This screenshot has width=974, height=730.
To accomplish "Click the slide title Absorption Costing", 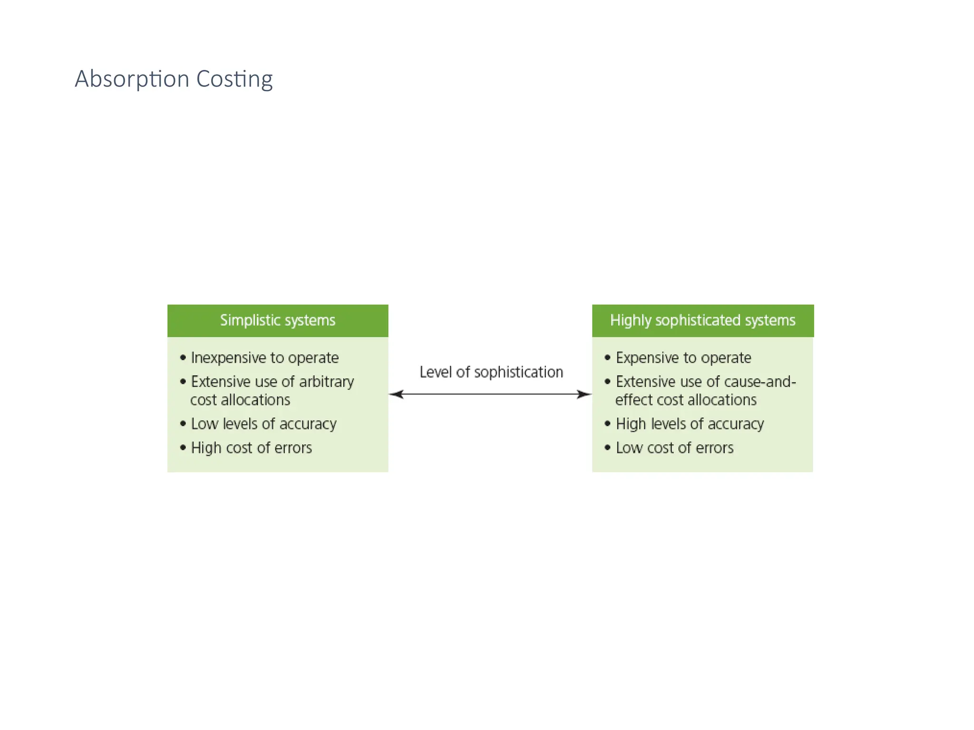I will [174, 79].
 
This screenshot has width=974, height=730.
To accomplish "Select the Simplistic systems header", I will [278, 320].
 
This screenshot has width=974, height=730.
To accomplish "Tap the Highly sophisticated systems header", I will [702, 320].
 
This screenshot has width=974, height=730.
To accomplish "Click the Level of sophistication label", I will [491, 372].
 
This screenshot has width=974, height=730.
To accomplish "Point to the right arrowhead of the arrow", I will [584, 394].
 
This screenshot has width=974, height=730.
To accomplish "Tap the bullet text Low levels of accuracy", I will [263, 424].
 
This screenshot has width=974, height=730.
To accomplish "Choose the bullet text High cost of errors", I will [251, 448].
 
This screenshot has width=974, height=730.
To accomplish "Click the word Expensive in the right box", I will [647, 358].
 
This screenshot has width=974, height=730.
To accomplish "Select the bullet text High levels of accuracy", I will [690, 424].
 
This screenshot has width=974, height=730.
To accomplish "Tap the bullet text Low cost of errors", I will [674, 448].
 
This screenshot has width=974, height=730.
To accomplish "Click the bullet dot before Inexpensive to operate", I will [183, 357].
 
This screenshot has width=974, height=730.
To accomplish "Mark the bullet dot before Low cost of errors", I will [607, 447].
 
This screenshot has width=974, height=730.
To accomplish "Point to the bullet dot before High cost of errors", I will [183, 447].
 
